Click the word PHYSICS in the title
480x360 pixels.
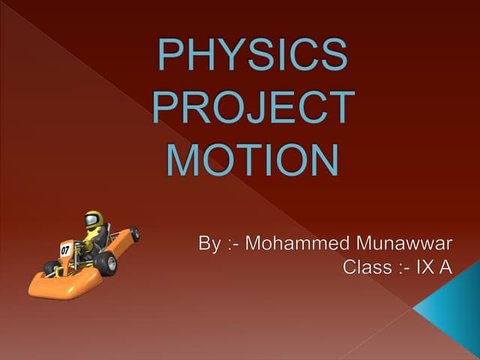pos(252,57)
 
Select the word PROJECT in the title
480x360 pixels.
pos(252,108)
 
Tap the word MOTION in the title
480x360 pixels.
pos(252,159)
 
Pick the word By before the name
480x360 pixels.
pos(209,244)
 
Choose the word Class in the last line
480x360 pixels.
pos(365,266)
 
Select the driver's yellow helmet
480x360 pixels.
pos(93,220)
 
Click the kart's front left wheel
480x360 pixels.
pos(51,267)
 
